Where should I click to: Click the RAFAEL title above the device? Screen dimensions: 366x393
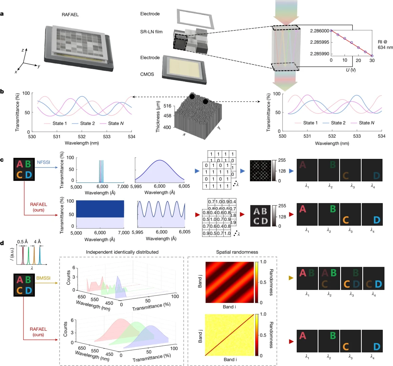tap(70, 15)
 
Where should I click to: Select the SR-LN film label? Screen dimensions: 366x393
tap(151, 32)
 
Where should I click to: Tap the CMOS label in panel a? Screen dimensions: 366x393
tap(147, 74)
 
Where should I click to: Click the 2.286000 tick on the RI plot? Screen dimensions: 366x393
tap(319, 31)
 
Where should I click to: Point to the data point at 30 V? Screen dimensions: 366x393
tap(372, 56)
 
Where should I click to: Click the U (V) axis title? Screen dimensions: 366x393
tap(351, 70)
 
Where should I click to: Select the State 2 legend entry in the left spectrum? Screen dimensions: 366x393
tap(87, 123)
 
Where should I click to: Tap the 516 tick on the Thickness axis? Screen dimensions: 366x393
tap(167, 106)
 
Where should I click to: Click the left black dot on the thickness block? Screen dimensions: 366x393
tap(192, 97)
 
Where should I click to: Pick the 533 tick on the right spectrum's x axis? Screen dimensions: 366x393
tap(357, 136)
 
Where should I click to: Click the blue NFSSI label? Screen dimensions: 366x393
tap(43, 162)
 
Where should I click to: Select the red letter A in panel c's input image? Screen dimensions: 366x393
tap(20, 164)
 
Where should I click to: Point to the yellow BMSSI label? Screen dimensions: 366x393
tap(43, 278)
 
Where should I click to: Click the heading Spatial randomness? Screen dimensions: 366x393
tap(237, 252)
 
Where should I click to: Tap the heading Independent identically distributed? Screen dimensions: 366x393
tap(122, 252)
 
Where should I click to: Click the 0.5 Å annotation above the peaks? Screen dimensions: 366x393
tap(22, 242)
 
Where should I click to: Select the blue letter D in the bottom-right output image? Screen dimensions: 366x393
tap(376, 347)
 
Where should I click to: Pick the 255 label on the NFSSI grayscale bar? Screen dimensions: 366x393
tap(282, 160)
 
